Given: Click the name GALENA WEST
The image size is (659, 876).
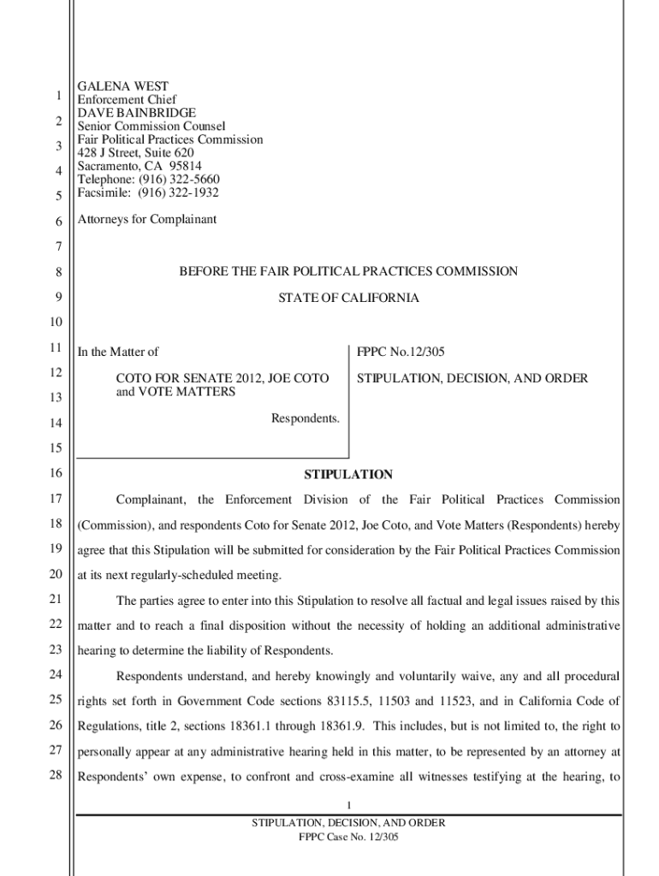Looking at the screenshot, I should [123, 86].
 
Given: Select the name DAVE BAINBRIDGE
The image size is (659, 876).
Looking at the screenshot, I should [137, 113].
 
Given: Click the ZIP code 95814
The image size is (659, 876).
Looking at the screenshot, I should [186, 166].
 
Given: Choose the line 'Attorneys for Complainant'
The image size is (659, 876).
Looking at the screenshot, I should [147, 219].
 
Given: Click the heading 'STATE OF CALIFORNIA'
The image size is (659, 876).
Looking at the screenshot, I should [348, 299].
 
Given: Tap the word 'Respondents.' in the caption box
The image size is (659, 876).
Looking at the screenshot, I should [306, 418].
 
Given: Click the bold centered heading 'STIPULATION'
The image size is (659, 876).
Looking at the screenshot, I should [348, 475].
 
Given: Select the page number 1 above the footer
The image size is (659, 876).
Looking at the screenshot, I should [348, 805].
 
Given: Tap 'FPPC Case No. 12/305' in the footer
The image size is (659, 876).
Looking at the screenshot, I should [348, 838].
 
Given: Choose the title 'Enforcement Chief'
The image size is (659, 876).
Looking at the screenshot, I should [127, 100].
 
